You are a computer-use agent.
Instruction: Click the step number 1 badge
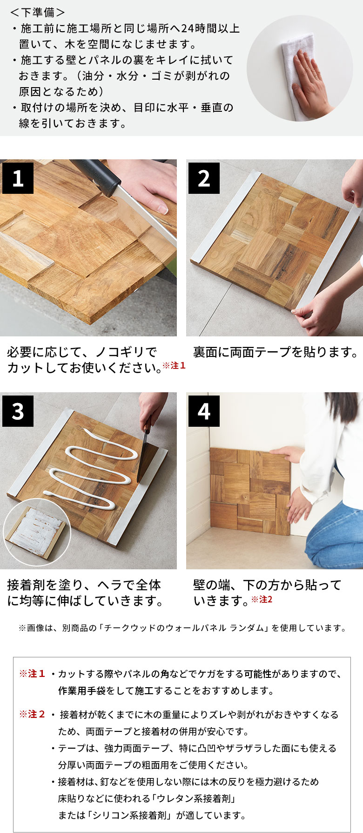coord(18,178)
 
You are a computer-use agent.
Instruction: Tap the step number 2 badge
coord(204,178)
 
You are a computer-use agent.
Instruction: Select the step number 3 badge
coord(18,411)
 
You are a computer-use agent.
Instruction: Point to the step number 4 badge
coord(204,411)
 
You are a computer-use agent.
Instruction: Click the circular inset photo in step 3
coord(37,533)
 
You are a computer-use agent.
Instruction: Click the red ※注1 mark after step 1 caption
coord(174,366)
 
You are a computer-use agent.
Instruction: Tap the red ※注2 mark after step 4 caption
coord(262,599)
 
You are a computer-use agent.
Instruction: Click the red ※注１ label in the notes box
coord(32,674)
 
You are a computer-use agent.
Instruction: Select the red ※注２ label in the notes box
coord(32,714)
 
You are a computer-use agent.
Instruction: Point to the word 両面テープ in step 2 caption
coord(261,352)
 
